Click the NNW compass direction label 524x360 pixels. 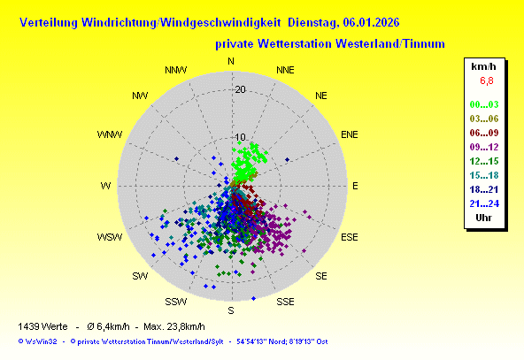(x=176, y=70)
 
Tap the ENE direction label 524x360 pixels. (x=350, y=134)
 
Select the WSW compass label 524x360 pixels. (x=110, y=237)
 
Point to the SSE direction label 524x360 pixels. (x=285, y=302)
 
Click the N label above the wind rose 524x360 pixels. (x=231, y=61)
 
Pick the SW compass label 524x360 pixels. (x=140, y=276)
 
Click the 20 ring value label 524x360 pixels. (x=240, y=89)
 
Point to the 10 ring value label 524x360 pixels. (x=240, y=137)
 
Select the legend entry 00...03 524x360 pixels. (x=484, y=104)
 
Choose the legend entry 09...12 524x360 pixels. (x=484, y=147)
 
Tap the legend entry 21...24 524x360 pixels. (x=484, y=203)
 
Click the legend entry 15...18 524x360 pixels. (x=484, y=175)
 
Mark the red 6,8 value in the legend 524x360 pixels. (x=487, y=80)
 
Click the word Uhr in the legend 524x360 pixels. (x=483, y=218)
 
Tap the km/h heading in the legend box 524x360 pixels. (x=483, y=67)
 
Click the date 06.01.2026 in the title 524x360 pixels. (x=371, y=22)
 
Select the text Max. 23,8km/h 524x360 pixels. (x=174, y=326)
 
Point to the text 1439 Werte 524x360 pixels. (x=42, y=326)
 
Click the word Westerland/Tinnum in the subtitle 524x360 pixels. (x=390, y=43)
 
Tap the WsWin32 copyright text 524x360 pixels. (x=38, y=341)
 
